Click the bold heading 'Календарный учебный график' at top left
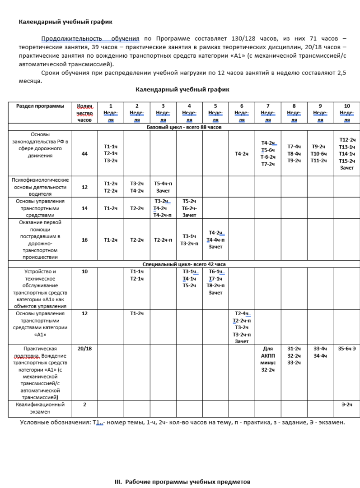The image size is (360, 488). [x=65, y=22]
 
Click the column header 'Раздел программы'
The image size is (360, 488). [x=40, y=106]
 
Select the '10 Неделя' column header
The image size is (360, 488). [x=347, y=113]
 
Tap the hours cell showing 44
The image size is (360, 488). [x=84, y=153]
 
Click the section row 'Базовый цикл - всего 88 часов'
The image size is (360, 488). [x=181, y=127]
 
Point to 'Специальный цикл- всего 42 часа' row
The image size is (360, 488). [x=181, y=264]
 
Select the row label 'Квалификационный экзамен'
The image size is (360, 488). [x=40, y=408]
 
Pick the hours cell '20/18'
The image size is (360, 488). [x=84, y=349]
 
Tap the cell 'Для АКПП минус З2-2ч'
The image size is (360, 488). [x=268, y=359]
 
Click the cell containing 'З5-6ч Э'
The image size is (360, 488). [x=347, y=349]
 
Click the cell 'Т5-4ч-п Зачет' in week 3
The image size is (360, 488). [x=163, y=187]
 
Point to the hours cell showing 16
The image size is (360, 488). [x=84, y=240]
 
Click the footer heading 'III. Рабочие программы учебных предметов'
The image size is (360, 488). [x=182, y=482]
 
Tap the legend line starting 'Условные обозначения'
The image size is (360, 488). [x=182, y=423]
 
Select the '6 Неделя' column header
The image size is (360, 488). [x=242, y=113]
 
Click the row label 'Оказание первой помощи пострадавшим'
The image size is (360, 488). [x=40, y=240]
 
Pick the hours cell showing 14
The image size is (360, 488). [x=84, y=208]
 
